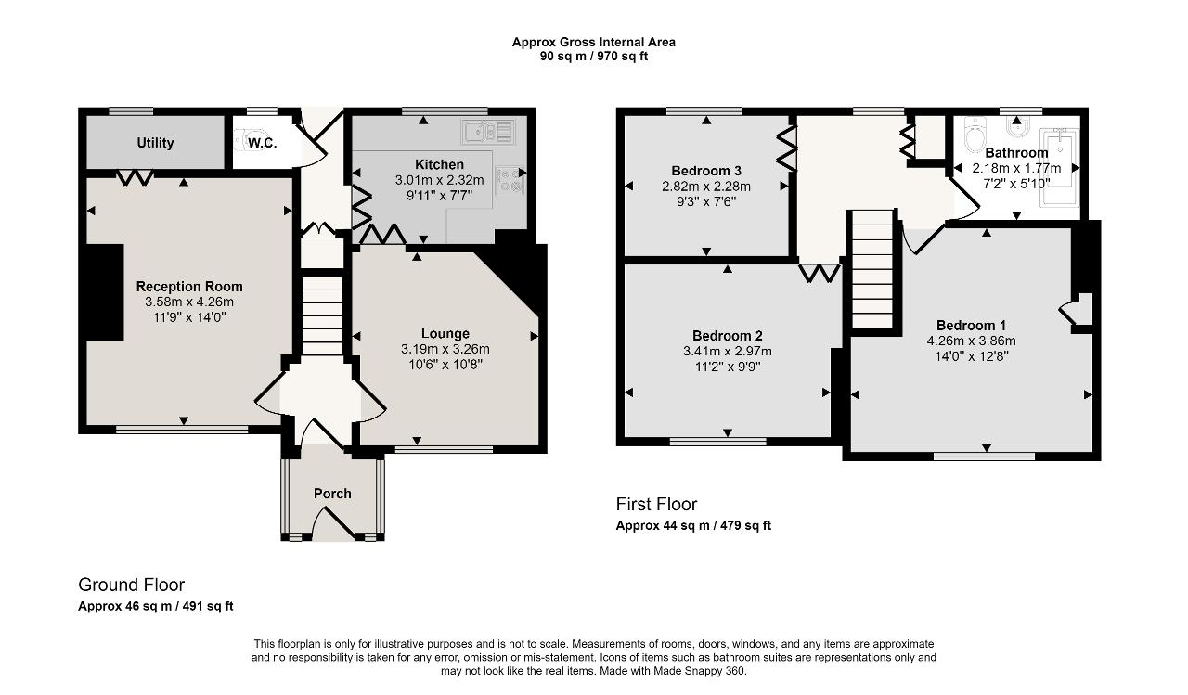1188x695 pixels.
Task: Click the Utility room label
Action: point(155,143)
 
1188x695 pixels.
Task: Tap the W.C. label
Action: point(262,143)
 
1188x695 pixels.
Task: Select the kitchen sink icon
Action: point(489,132)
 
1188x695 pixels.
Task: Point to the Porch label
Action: point(332,494)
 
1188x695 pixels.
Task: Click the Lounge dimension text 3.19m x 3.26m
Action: point(445,349)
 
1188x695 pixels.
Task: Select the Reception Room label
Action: point(189,286)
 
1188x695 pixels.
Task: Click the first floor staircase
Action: point(872,269)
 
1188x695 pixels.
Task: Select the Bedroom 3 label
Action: point(706,171)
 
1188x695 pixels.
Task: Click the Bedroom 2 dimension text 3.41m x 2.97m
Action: point(728,351)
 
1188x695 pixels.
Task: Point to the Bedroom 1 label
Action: point(971,325)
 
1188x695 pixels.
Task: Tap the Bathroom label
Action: point(1016,153)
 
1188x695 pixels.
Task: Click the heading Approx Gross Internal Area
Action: point(594,42)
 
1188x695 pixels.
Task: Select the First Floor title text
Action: point(656,504)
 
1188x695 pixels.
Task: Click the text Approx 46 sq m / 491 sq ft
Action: point(156,606)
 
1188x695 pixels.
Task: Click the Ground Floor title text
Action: point(131,585)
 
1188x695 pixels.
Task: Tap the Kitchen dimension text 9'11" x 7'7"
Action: point(439,195)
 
